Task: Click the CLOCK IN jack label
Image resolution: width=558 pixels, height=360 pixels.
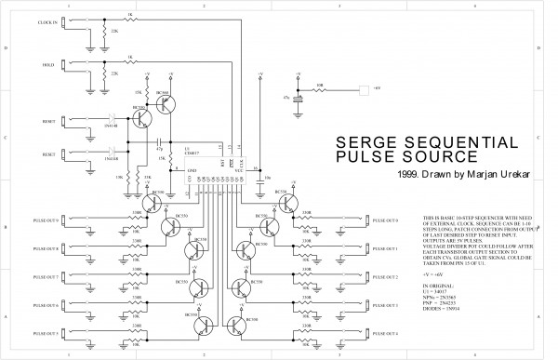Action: coord(46,20)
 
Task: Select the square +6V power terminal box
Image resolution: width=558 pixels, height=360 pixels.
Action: coord(363,90)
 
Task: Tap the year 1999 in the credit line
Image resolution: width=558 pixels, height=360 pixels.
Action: coord(407,173)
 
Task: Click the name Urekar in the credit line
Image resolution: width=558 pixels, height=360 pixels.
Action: coord(494,173)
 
